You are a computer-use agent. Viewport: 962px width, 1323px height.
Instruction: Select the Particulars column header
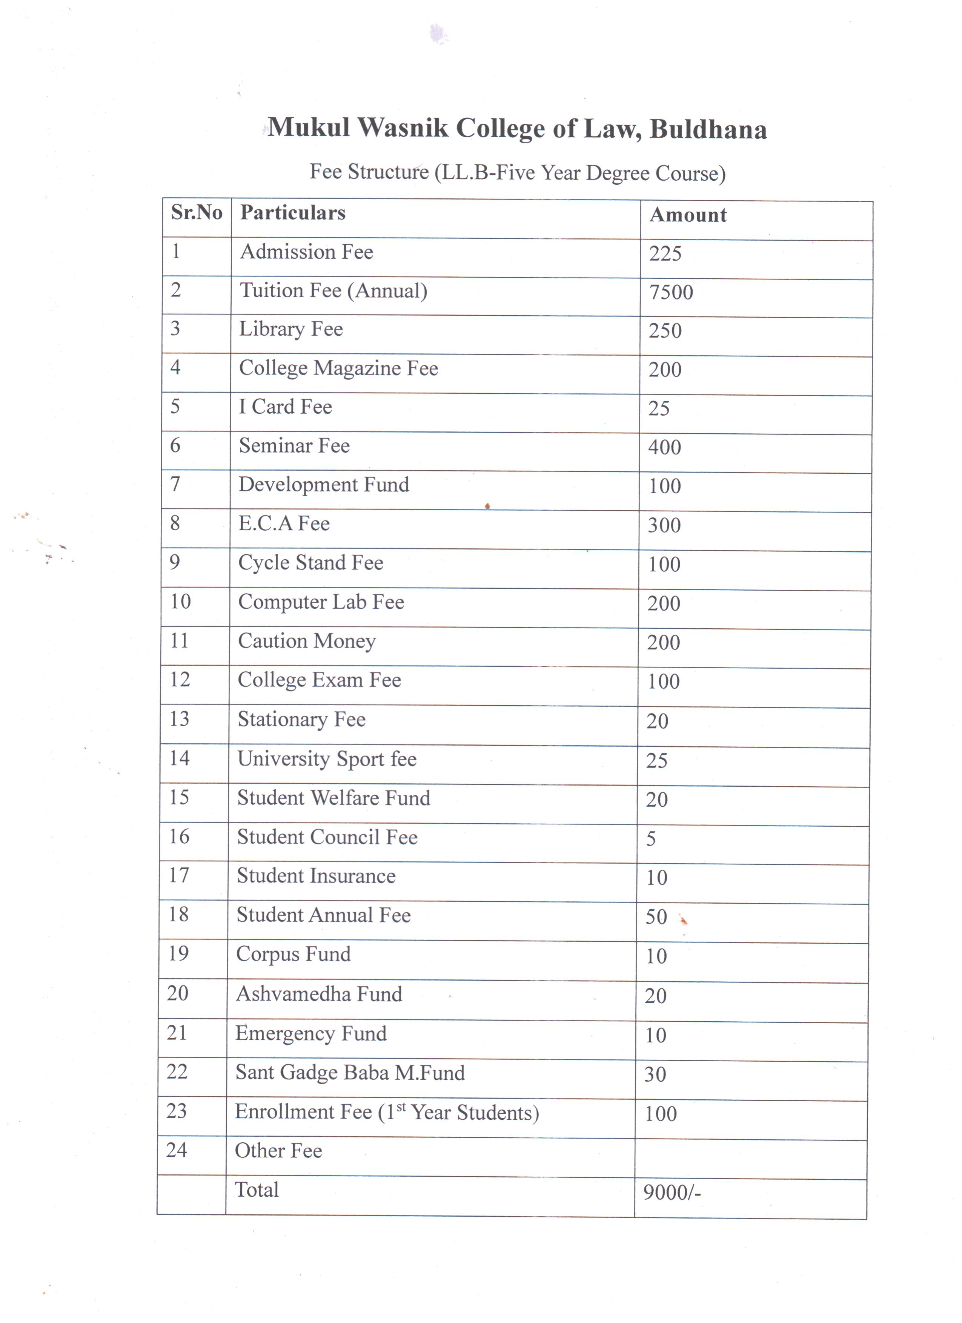click(292, 213)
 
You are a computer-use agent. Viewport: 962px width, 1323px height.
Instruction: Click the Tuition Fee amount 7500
click(671, 292)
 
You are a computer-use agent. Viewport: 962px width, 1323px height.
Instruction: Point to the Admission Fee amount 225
click(665, 254)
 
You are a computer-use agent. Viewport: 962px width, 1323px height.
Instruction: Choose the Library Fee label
click(290, 330)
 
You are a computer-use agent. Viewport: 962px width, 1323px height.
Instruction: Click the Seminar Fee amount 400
click(664, 447)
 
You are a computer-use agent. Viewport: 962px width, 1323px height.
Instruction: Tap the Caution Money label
click(306, 641)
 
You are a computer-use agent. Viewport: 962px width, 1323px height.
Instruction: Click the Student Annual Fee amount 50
click(656, 917)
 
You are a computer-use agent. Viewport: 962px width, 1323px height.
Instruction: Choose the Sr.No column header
click(197, 212)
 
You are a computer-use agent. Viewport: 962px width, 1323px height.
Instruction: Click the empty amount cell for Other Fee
click(750, 1159)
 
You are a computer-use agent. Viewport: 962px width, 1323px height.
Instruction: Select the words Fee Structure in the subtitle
click(369, 172)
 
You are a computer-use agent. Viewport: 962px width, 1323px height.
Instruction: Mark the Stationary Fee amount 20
click(657, 721)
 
